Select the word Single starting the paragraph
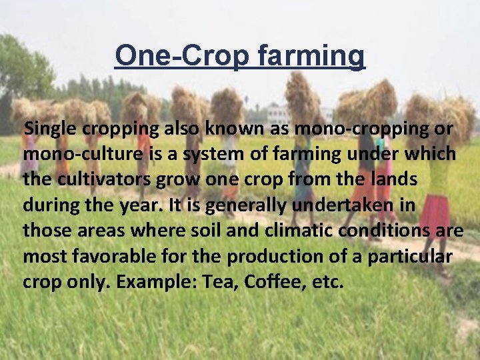(49, 129)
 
